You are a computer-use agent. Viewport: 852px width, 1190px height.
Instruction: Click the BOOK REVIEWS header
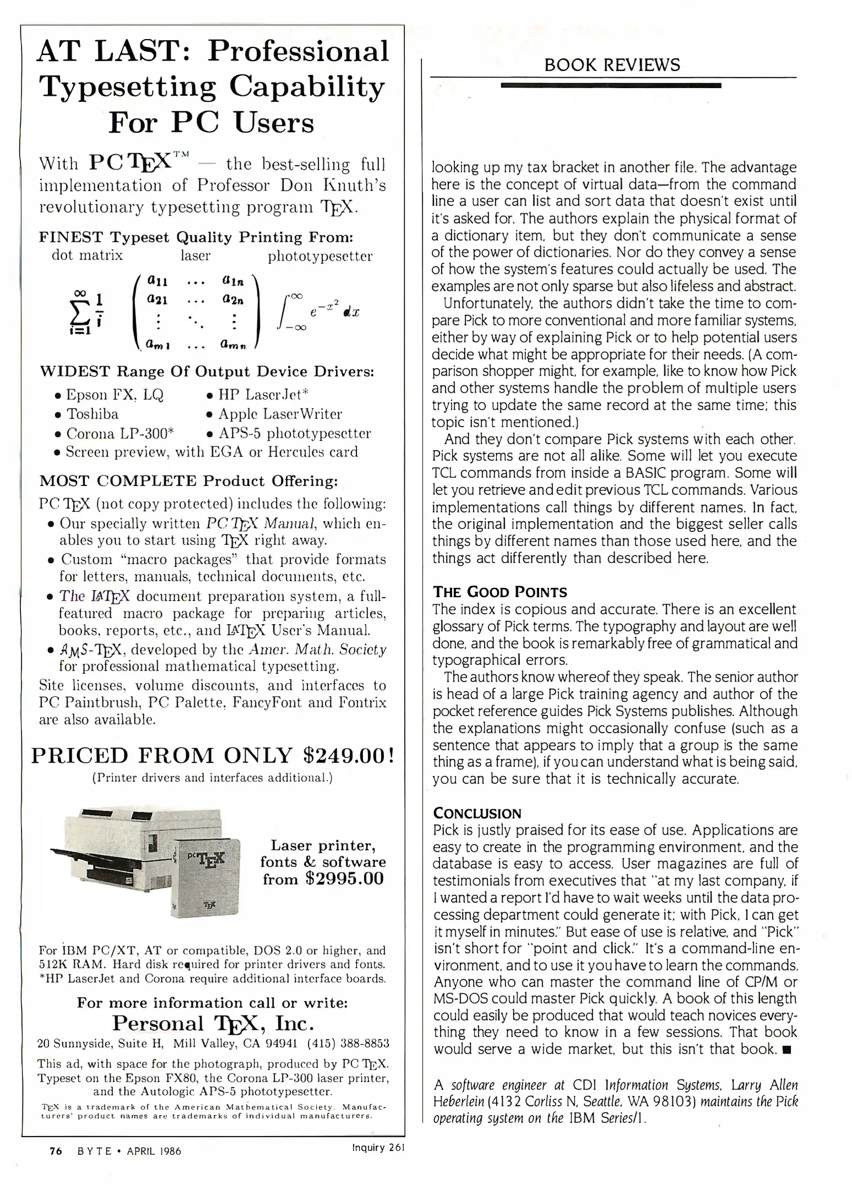(612, 65)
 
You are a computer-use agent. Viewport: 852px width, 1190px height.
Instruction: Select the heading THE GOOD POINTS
(500, 592)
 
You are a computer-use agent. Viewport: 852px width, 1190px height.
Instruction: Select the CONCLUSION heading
(477, 813)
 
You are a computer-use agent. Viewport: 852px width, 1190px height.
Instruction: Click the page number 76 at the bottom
(56, 1151)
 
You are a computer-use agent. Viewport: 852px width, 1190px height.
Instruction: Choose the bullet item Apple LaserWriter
(280, 414)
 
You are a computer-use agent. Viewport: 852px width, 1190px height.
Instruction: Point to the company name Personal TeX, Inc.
(213, 1023)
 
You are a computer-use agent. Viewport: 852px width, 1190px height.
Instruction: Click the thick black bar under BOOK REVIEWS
(611, 85)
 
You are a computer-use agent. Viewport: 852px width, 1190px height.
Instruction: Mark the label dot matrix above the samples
(87, 256)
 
